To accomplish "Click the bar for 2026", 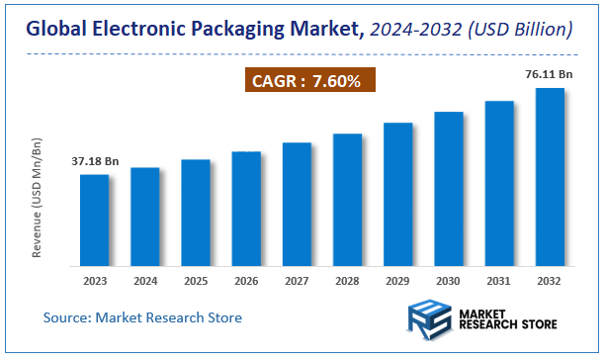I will pos(246,209).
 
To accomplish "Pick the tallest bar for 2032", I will pos(550,177).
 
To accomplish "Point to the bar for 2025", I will pos(196,213).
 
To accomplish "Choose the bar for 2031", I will pos(499,183).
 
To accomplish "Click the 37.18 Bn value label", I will pos(95,160).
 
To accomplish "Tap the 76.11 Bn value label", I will pos(549,73).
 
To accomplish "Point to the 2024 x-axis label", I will pos(145,281).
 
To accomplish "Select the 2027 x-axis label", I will pos(297,281).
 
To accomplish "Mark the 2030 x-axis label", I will pos(448,281).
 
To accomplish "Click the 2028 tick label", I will pos(347,281).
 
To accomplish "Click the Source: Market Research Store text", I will pos(142,317).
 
